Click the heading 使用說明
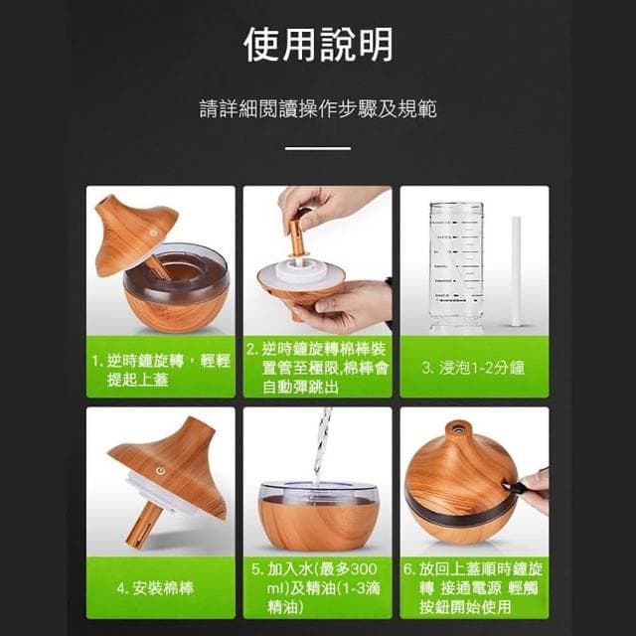(318, 45)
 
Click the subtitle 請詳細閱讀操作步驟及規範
(318, 108)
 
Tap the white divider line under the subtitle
(318, 148)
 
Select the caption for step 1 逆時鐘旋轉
(160, 369)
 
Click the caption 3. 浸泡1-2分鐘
(473, 368)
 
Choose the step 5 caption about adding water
(317, 587)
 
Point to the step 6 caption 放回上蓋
(473, 587)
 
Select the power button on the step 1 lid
(152, 225)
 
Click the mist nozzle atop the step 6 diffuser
(457, 429)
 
